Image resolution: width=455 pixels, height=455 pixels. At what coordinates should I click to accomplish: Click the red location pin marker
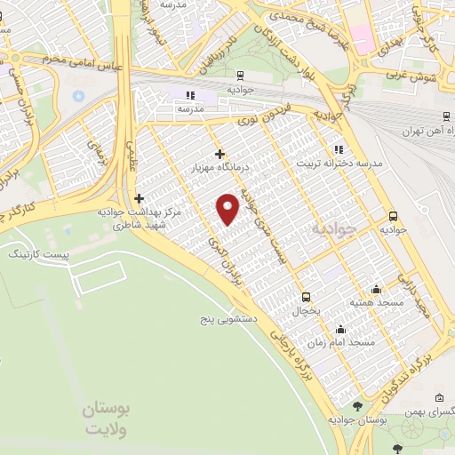coord(229,208)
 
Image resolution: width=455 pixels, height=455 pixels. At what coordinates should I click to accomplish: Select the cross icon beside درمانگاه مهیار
coord(220,153)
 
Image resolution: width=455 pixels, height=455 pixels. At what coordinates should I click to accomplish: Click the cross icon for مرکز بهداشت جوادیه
coord(138,198)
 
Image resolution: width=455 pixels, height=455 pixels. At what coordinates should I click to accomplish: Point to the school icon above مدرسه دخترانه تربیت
coord(338,149)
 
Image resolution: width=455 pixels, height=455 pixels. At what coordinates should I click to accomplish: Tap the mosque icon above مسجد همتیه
coord(376,290)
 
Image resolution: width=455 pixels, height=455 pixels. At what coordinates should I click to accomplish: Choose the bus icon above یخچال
coord(307,297)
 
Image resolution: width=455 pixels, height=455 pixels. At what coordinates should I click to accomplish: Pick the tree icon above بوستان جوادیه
coord(358,406)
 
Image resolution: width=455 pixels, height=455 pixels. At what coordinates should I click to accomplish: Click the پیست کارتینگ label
coord(35,254)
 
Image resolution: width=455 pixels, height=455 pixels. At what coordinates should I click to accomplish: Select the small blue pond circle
coord(78,95)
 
